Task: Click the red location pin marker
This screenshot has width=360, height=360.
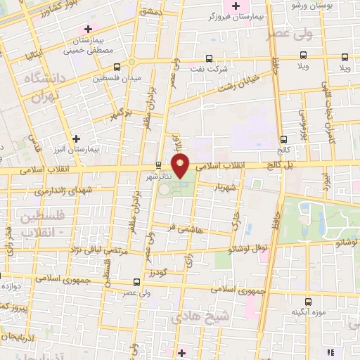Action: click(x=181, y=167)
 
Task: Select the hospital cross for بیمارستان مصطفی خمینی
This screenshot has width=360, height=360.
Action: click(x=88, y=29)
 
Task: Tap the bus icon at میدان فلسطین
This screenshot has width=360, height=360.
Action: click(x=116, y=67)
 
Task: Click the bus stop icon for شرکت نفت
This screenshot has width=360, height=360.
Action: click(x=208, y=59)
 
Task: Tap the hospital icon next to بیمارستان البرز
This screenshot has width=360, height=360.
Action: click(x=77, y=139)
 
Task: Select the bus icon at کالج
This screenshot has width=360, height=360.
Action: click(x=283, y=139)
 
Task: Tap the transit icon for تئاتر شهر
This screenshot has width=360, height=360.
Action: click(x=158, y=167)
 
